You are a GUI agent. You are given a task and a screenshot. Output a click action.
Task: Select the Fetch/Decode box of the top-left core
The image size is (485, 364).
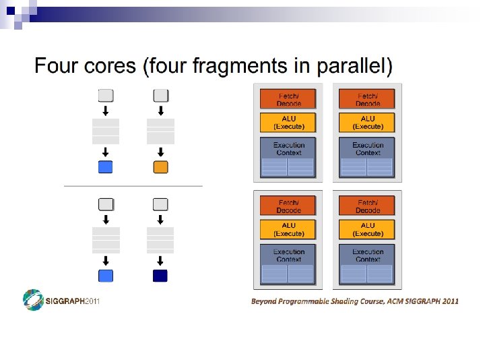pyautogui.click(x=289, y=100)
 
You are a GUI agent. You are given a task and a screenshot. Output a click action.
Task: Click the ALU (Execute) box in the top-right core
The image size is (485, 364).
pyautogui.click(x=368, y=123)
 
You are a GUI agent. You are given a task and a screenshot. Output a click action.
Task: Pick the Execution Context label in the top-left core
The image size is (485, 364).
pyautogui.click(x=289, y=148)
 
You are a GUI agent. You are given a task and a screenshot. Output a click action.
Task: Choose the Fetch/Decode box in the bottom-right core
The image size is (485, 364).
pyautogui.click(x=368, y=206)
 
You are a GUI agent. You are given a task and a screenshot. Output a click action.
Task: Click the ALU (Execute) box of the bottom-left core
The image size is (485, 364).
pyautogui.click(x=289, y=229)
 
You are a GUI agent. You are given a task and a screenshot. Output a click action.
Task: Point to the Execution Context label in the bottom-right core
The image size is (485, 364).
pyautogui.click(x=368, y=255)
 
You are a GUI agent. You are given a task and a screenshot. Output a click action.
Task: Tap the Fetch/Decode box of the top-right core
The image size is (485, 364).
pyautogui.click(x=368, y=100)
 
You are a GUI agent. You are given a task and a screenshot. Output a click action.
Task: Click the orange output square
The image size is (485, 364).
pyautogui.click(x=160, y=167)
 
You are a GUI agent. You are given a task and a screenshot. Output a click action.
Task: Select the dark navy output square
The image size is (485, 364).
pyautogui.click(x=160, y=275)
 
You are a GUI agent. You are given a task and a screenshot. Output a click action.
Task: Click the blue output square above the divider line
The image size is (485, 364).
pyautogui.click(x=106, y=167)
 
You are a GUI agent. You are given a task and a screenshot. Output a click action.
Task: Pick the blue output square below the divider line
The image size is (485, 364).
pyautogui.click(x=106, y=275)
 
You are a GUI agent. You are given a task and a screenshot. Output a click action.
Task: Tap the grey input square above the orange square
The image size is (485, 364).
pyautogui.click(x=160, y=95)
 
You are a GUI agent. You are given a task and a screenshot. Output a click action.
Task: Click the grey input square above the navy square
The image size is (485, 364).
pyautogui.click(x=160, y=204)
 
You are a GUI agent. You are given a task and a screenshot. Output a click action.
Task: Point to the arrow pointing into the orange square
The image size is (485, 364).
pyautogui.click(x=160, y=152)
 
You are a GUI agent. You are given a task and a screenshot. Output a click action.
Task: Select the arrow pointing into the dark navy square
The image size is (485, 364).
pyautogui.click(x=160, y=260)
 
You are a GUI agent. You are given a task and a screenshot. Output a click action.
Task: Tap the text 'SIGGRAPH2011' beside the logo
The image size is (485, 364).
pyautogui.click(x=72, y=301)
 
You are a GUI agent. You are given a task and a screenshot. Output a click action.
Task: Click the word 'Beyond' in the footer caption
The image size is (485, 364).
pyautogui.click(x=263, y=301)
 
